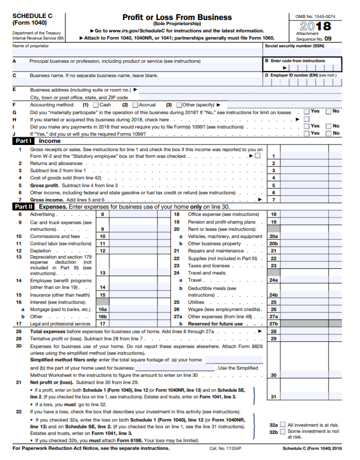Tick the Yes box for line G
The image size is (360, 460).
307,112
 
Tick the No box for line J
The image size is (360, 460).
329,133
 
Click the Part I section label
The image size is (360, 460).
24,140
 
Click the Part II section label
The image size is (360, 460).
24,207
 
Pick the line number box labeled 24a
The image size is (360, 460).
273,280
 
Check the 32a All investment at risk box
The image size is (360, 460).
282,425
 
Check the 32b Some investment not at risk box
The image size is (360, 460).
282,432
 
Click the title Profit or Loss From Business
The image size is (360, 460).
177,17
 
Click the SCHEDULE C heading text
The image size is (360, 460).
32,16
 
